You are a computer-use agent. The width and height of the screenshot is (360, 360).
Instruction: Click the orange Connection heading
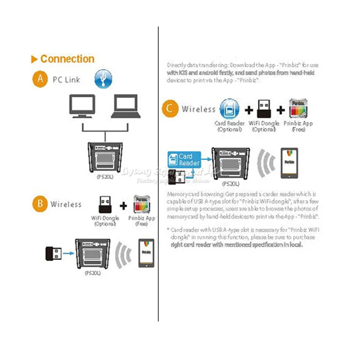click(67, 59)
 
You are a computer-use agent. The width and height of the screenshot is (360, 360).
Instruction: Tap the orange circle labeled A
click(40, 79)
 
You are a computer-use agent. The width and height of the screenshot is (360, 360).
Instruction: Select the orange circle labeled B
click(40, 204)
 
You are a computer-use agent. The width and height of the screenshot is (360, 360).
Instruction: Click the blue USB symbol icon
click(103, 79)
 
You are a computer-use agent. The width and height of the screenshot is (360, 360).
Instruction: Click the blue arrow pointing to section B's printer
click(68, 254)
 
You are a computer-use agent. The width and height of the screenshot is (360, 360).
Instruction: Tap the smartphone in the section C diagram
click(289, 162)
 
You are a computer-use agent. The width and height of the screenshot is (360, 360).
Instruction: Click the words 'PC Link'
click(66, 80)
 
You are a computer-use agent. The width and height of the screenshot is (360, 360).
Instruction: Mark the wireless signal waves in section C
click(267, 163)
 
